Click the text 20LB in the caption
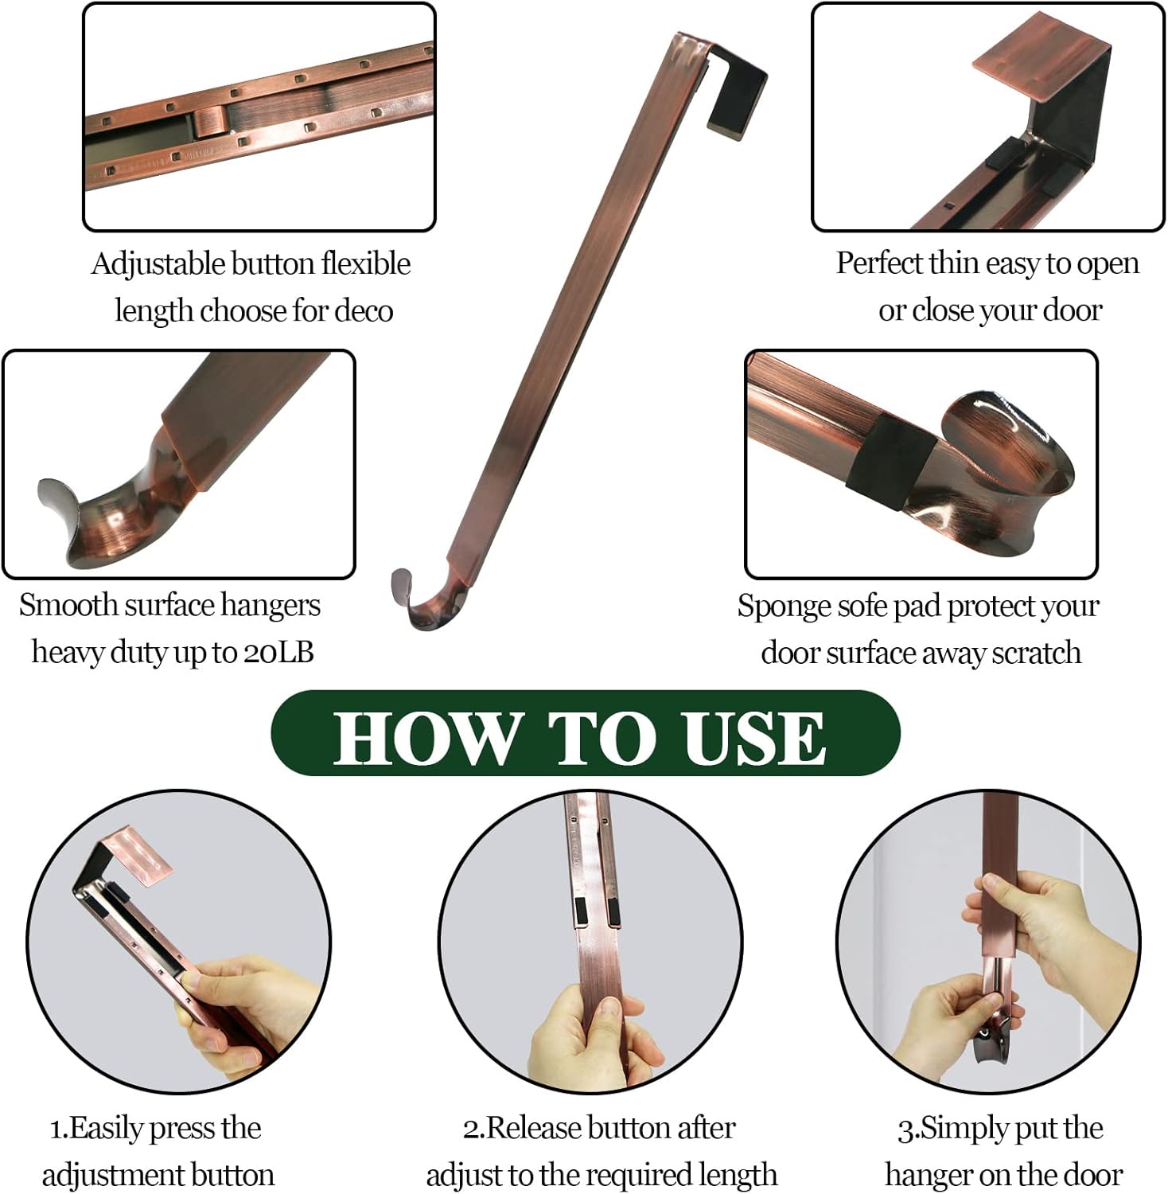[278, 652]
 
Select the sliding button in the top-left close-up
[209, 125]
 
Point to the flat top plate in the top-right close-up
[1034, 56]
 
